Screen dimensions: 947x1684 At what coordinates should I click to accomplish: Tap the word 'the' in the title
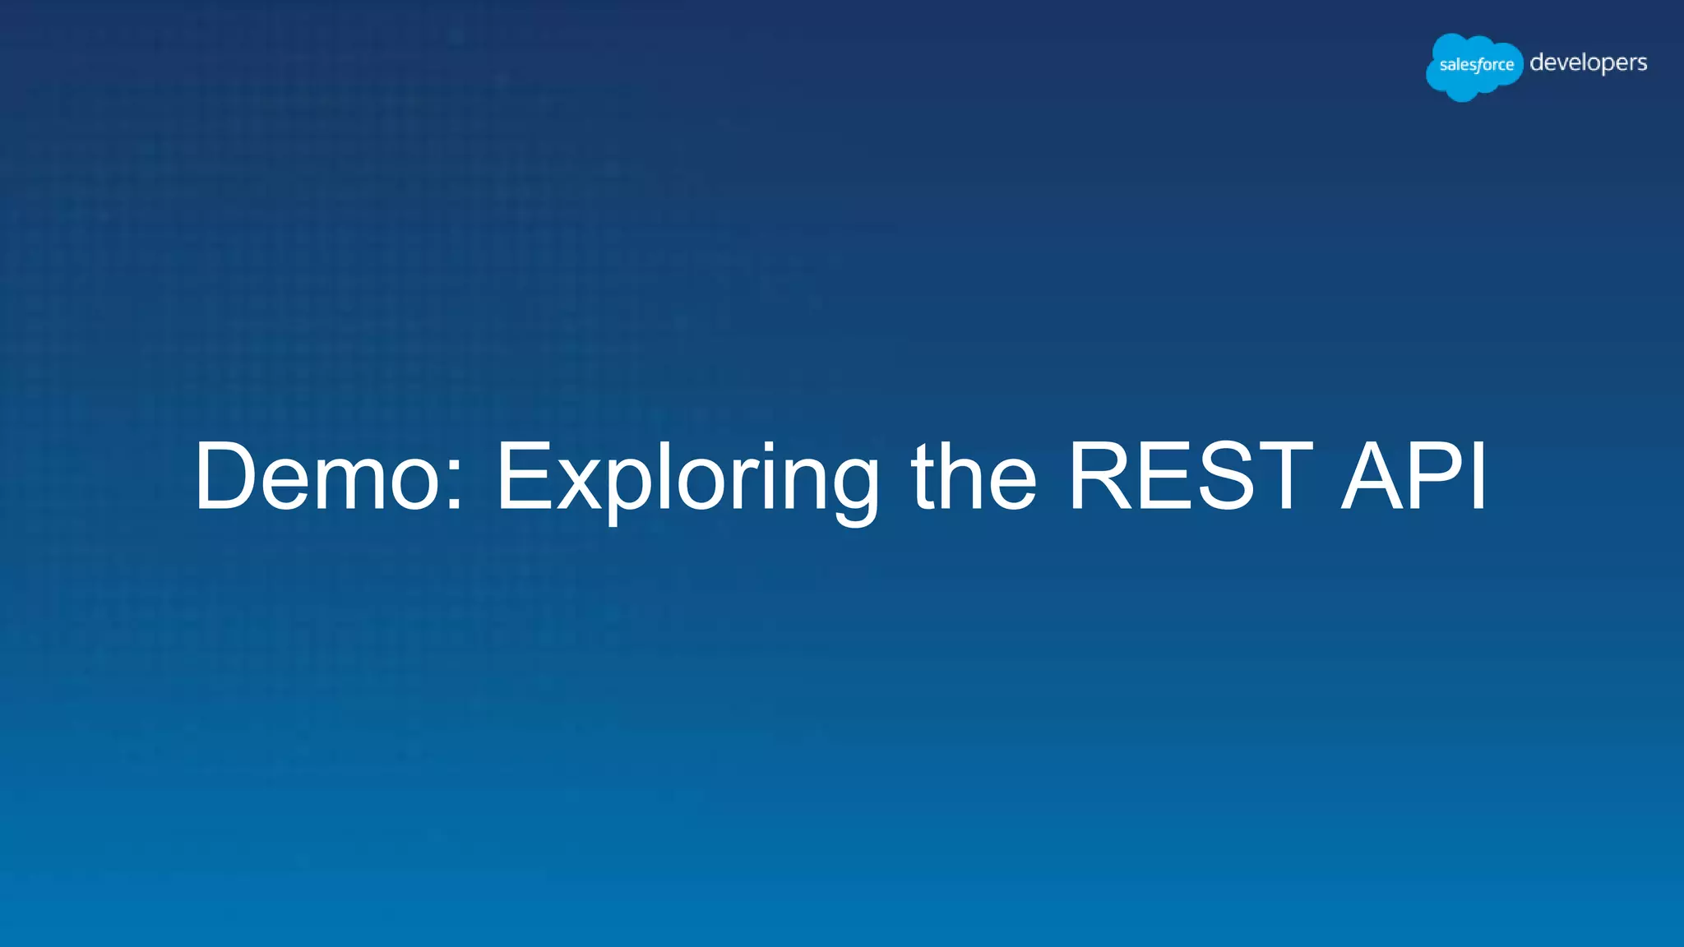click(974, 477)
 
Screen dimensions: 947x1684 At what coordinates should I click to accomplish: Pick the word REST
click(1189, 477)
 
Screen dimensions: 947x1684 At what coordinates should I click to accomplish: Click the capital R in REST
click(1103, 477)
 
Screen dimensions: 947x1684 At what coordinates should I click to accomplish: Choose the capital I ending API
click(1480, 477)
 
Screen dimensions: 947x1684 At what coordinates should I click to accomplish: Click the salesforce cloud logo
click(1474, 66)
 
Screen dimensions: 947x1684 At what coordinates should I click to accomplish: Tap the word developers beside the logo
click(1588, 63)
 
